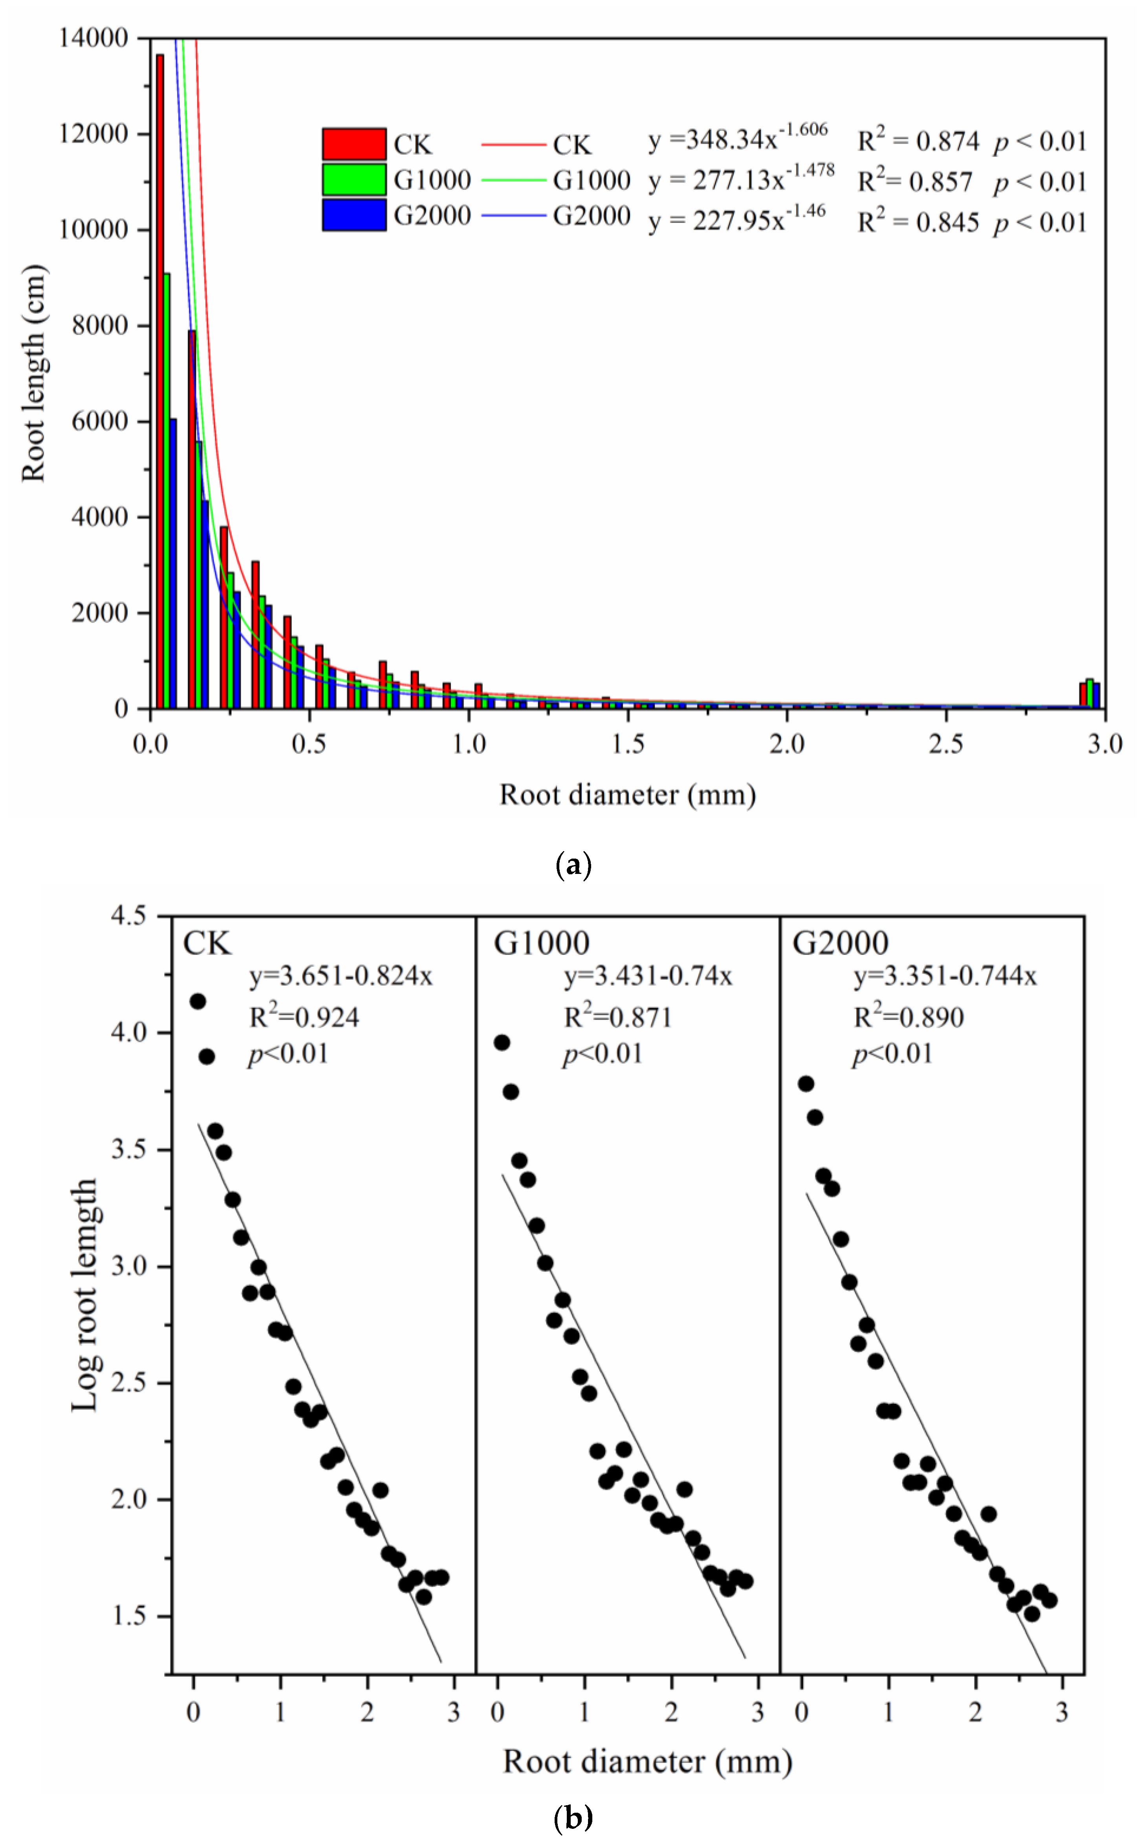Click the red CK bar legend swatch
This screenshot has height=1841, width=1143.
(x=354, y=144)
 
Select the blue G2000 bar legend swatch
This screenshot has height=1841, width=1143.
(x=354, y=215)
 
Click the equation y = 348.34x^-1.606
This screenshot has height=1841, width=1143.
(x=737, y=138)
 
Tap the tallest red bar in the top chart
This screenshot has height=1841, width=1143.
(x=159, y=378)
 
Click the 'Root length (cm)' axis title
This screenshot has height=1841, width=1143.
(x=34, y=373)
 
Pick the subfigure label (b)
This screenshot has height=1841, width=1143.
(x=573, y=1817)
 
